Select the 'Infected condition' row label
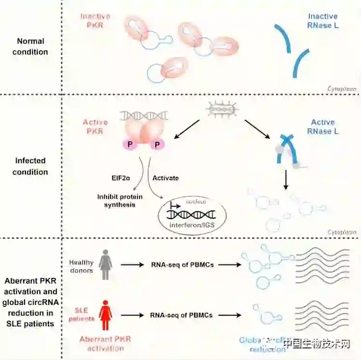(30, 166)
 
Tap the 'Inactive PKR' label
(95, 21)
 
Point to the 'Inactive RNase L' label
(323, 21)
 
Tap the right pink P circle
(157, 145)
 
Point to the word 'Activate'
(166, 178)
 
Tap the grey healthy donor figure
(105, 264)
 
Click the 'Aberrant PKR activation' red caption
(105, 344)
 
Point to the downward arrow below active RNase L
(286, 180)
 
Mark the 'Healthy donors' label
(81, 266)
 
